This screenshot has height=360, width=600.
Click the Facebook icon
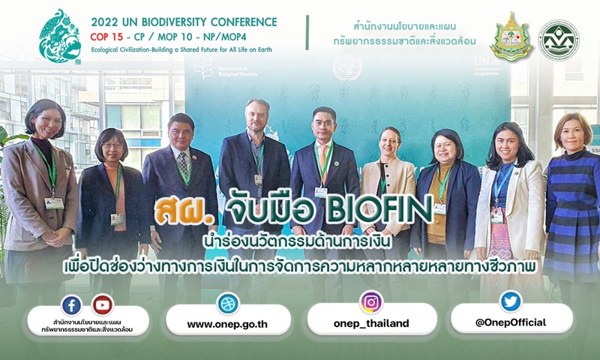pos(71,305)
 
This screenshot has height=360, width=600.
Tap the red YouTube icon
pos(103,305)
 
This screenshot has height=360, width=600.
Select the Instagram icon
pos(371,302)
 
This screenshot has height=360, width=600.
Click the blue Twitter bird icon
pos(511,301)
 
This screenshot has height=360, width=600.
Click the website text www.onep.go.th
pos(227,325)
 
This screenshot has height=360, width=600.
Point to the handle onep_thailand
pos(371,324)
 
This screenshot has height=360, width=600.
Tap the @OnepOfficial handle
pos(511,322)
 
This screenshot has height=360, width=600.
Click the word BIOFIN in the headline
pos(379,210)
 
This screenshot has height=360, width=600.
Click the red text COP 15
pos(106,37)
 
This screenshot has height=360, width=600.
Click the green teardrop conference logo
pos(60,35)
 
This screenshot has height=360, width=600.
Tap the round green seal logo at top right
pos(559,40)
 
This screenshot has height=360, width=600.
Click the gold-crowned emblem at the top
pos(511,37)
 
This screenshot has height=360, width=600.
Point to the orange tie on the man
pos(324,163)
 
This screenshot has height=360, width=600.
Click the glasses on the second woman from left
pos(112,145)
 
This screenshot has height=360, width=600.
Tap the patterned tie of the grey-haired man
pos(183,164)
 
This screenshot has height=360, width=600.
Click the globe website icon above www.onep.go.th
pos(228,304)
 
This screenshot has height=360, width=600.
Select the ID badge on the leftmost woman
pos(54,203)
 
